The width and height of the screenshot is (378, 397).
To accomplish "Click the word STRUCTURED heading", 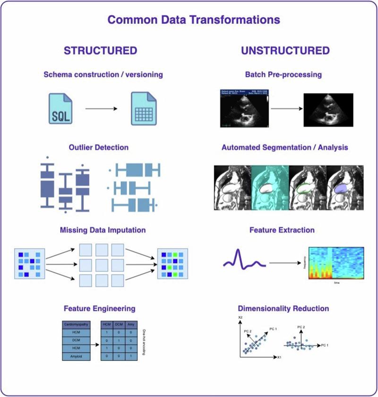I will point(100,51).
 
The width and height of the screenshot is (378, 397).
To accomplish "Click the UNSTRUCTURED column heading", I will point(285,51).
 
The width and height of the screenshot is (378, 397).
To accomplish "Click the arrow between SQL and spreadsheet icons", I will point(101,109).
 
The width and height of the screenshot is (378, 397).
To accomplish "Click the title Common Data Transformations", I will point(193,20).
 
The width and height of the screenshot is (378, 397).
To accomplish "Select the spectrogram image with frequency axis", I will point(336,263).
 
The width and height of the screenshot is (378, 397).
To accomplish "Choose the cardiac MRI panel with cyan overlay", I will point(269,187).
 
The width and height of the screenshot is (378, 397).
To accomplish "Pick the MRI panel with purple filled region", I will point(345,187).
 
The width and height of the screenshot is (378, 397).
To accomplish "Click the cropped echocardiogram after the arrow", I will point(328,109).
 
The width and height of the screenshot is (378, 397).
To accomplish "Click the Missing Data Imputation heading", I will point(103,230).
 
